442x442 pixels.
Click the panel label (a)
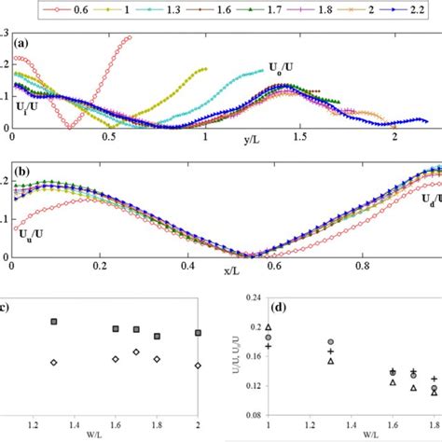(x=25, y=43)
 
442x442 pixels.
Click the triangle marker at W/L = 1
(x=269, y=327)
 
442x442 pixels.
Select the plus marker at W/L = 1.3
(x=330, y=352)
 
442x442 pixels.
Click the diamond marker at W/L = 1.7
(x=136, y=352)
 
